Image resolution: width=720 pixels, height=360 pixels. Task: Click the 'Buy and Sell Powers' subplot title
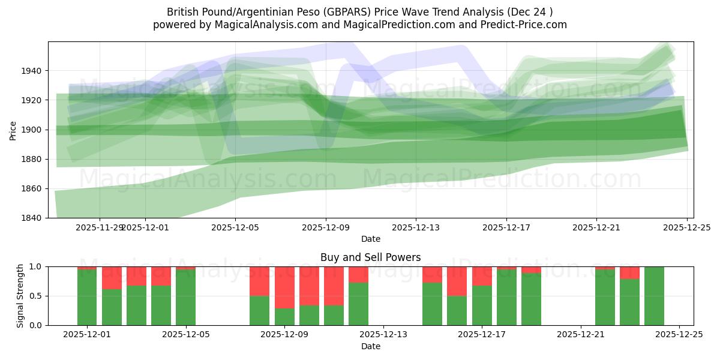tap(370, 257)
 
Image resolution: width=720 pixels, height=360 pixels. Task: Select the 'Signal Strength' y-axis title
tap(20, 296)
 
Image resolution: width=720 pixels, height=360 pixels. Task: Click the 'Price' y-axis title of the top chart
tap(13, 130)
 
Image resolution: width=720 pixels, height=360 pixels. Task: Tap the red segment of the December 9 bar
tap(284, 287)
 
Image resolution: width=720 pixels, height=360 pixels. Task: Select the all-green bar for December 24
tap(654, 296)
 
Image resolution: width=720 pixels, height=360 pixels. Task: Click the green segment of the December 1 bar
tap(87, 298)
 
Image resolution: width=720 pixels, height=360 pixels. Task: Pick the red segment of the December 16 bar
tap(457, 281)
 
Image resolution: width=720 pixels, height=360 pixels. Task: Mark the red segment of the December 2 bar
tap(112, 278)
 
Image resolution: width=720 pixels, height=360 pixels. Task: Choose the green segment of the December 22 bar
tap(605, 298)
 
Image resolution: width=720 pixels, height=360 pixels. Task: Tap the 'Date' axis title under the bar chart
tap(370, 346)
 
